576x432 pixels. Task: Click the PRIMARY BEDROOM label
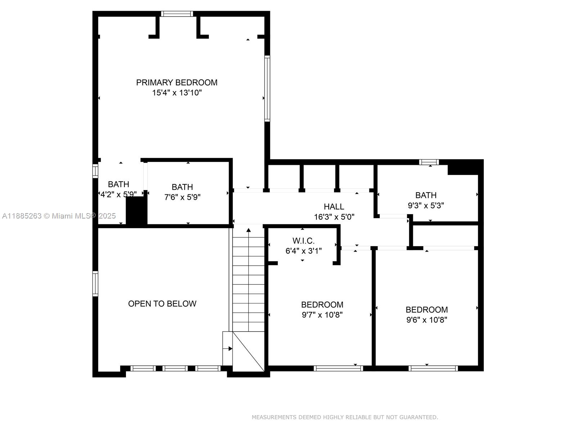[177, 83]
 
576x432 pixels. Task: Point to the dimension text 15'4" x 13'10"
[177, 93]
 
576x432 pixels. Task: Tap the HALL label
[334, 207]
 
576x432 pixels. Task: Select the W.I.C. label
[303, 241]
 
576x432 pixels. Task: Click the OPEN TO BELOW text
[162, 304]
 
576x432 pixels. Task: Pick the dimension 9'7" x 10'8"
[322, 315]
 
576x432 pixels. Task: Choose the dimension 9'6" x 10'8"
[427, 320]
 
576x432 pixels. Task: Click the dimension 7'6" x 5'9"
[183, 197]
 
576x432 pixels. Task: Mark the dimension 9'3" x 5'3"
[426, 205]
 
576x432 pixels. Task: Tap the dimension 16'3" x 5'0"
[334, 217]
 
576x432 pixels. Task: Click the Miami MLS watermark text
[59, 216]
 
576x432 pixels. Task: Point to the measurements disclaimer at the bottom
[345, 417]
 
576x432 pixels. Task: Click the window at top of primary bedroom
[177, 14]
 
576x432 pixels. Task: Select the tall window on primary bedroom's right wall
[267, 89]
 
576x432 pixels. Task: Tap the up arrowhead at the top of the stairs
[248, 230]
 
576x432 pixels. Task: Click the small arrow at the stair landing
[228, 348]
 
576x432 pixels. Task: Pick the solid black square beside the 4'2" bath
[136, 210]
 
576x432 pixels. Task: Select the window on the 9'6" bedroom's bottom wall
[433, 368]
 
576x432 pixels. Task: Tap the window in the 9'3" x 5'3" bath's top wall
[429, 162]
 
